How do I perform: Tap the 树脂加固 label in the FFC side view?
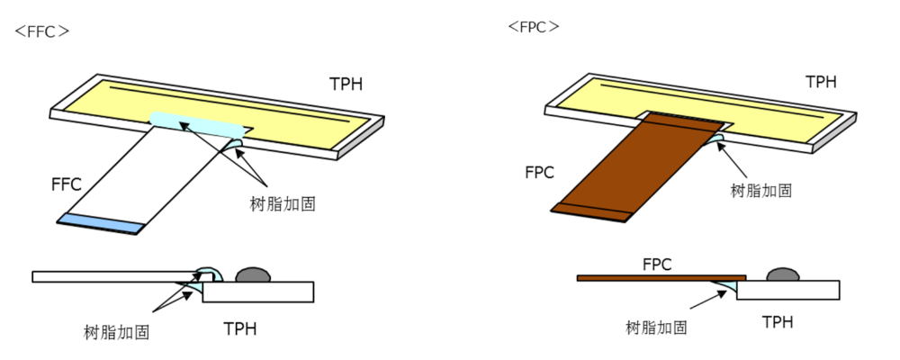click(x=116, y=332)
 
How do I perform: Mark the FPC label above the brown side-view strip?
click(x=658, y=265)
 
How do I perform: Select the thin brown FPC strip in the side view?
click(x=661, y=277)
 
